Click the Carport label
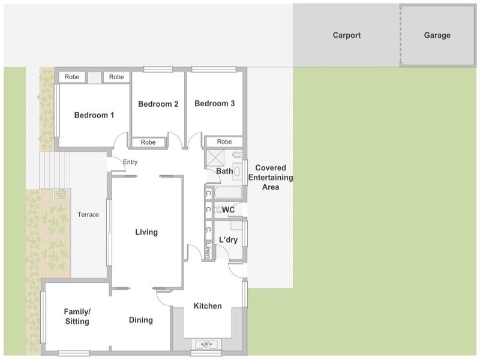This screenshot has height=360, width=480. (347, 35)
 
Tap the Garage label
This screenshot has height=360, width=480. (437, 35)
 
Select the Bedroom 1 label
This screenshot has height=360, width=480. (94, 115)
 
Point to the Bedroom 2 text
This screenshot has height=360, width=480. (158, 104)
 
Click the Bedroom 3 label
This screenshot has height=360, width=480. (215, 103)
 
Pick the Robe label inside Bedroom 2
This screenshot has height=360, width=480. (148, 142)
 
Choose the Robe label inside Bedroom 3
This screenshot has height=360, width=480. (224, 142)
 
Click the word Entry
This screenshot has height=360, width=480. (130, 162)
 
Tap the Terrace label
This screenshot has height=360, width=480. (88, 215)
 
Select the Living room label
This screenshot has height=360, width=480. (146, 232)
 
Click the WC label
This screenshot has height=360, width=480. (229, 209)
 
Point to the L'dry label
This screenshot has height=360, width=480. (229, 239)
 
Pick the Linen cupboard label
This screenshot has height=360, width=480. (208, 250)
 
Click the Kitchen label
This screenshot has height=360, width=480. (208, 306)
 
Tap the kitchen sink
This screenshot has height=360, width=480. (206, 344)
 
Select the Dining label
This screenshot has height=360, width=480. (141, 320)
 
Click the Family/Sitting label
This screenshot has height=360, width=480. (77, 317)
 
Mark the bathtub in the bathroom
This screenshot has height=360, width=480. (228, 193)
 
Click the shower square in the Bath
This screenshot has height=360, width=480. (215, 158)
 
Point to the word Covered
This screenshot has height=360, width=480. (271, 168)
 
